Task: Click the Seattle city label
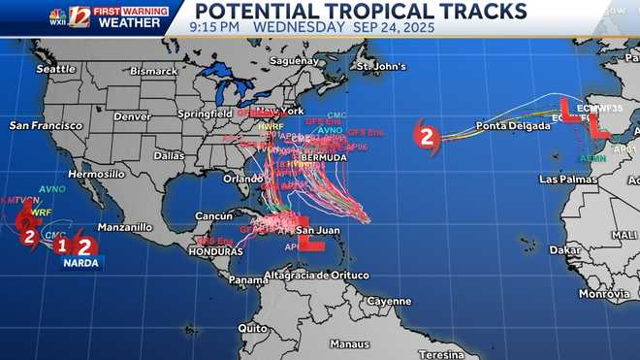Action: [x=55, y=70]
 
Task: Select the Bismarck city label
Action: [x=154, y=72]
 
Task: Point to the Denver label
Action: [x=132, y=116]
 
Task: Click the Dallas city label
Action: [x=168, y=155]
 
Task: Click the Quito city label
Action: [x=253, y=328]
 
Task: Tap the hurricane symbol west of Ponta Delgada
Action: [x=426, y=136]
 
